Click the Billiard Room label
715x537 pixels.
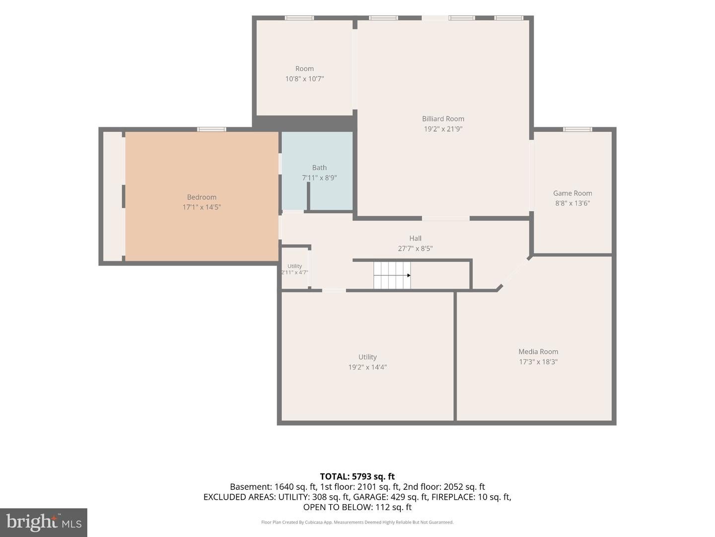[x=443, y=119]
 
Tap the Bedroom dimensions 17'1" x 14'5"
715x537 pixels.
[x=202, y=207]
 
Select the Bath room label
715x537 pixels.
[x=319, y=168]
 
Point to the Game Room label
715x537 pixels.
[x=572, y=193]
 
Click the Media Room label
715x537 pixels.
[x=538, y=352]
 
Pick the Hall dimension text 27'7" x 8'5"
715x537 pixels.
[x=415, y=249]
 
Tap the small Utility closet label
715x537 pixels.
[x=294, y=266]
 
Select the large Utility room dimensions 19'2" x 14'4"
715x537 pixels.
[x=367, y=367]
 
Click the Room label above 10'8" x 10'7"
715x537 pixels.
[x=304, y=69]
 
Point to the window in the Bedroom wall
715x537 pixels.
[x=212, y=129]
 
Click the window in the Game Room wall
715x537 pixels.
[x=577, y=129]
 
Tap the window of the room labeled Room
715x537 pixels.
[x=299, y=18]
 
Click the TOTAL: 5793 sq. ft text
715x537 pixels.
[x=357, y=477]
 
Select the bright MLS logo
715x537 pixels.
[x=44, y=523]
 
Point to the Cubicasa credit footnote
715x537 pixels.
[x=357, y=522]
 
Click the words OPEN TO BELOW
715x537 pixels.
[x=338, y=507]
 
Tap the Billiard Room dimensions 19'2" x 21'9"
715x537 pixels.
[x=443, y=129]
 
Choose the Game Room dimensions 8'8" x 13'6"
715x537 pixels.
[x=572, y=203]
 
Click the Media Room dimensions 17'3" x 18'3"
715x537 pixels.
[x=538, y=361]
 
